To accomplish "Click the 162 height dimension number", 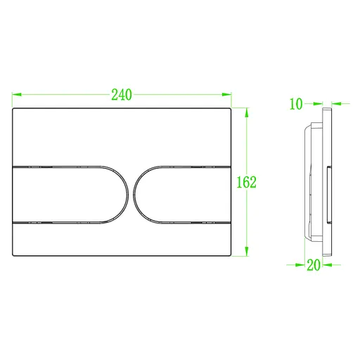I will [x=245, y=181].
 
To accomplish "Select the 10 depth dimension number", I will [x=295, y=104].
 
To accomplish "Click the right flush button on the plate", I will [x=183, y=195].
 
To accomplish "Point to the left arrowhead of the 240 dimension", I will [x=15, y=94].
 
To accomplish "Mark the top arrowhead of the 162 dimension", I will [x=247, y=110].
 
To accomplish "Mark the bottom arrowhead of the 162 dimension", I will [x=247, y=254].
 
